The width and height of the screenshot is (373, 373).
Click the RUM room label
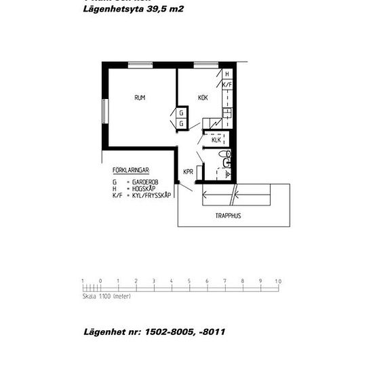click(x=140, y=98)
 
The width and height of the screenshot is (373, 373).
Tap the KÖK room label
click(x=203, y=98)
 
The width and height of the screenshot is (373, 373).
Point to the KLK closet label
click(x=216, y=140)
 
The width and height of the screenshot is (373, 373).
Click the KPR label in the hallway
click(x=188, y=172)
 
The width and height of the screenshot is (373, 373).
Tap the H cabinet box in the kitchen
click(x=227, y=74)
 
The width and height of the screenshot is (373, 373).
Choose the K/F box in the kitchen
click(x=227, y=85)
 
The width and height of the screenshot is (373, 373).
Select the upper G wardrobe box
click(x=182, y=113)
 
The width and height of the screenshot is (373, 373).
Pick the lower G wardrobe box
click(x=182, y=123)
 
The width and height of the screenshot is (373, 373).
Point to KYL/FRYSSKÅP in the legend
click(x=151, y=195)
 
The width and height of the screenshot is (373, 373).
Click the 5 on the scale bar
click(x=189, y=281)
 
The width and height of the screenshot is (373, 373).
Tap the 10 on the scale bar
click(x=277, y=281)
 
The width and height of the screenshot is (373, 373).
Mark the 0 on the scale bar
click(x=100, y=281)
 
